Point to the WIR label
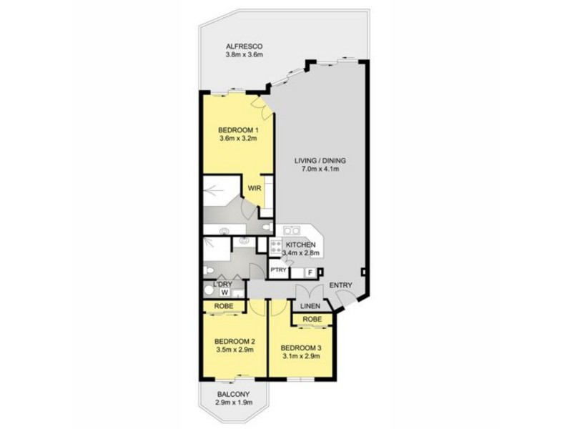[x=254, y=189]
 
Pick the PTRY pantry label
[x=278, y=270]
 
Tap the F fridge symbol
[x=310, y=272]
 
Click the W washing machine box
[x=225, y=292]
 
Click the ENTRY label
[x=341, y=287]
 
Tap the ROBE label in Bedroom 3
[x=311, y=319]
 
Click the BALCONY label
[x=233, y=394]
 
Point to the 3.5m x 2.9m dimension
[x=235, y=350]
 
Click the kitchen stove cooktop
[x=277, y=247]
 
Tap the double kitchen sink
[x=291, y=230]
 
